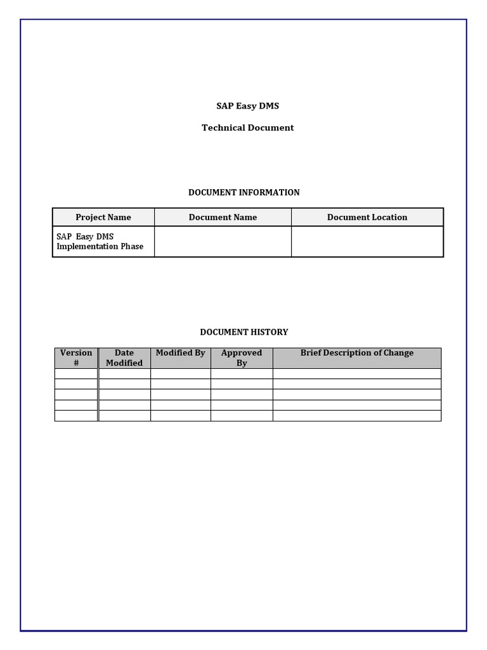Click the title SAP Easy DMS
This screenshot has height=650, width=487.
[x=247, y=106]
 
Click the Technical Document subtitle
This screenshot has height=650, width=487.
[x=247, y=128]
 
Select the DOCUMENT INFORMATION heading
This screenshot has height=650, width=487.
[x=243, y=192]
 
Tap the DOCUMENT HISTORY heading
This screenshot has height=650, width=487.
[x=243, y=332]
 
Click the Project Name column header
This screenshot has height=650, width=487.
[x=103, y=217]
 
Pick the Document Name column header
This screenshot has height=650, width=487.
[x=223, y=217]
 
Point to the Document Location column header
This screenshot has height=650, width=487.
[x=367, y=217]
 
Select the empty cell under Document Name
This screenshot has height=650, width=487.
[x=223, y=241]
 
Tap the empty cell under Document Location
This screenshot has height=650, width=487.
[x=367, y=241]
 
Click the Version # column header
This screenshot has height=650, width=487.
[x=76, y=358]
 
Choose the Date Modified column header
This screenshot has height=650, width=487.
[x=124, y=358]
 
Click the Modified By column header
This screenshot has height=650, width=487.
[x=180, y=353]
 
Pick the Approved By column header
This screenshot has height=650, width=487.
[x=242, y=358]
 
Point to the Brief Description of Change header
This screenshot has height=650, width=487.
[x=356, y=353]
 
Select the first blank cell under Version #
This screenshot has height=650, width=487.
[x=76, y=374]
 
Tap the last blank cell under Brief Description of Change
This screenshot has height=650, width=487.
[x=356, y=416]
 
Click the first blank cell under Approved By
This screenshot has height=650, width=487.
[x=242, y=374]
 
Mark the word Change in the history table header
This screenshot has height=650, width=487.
[x=398, y=353]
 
